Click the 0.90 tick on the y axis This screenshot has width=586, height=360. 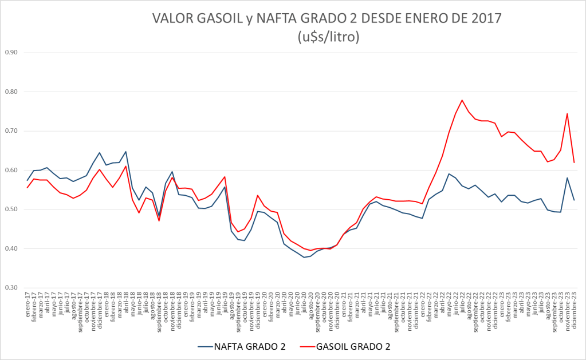11,53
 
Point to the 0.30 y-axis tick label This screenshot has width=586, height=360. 11,288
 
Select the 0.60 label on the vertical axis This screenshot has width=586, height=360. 11,171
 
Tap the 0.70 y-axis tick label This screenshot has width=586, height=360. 11,131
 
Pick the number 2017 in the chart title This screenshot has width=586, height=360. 484,18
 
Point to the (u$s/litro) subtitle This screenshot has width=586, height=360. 328,37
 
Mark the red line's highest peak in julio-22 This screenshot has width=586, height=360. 462,100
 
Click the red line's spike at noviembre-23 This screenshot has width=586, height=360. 567,113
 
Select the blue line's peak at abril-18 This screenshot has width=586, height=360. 125,152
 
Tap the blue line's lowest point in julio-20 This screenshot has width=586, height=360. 304,258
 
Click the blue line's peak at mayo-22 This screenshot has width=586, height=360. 449,174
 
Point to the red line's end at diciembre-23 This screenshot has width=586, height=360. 573,163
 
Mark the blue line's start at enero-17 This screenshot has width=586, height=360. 27,181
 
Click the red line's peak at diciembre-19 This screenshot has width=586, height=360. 258,195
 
